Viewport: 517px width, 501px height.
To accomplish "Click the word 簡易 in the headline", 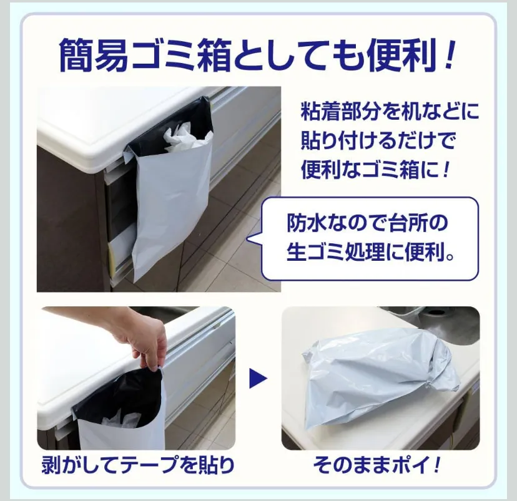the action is click(x=94, y=55).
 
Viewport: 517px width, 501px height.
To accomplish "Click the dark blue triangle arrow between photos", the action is click(x=258, y=378).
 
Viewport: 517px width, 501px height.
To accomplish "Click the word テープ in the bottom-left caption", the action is click(x=149, y=465).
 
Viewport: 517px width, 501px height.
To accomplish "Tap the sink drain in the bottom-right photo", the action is click(x=435, y=313).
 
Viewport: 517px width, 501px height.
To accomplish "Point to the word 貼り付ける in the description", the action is click(x=355, y=140).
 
